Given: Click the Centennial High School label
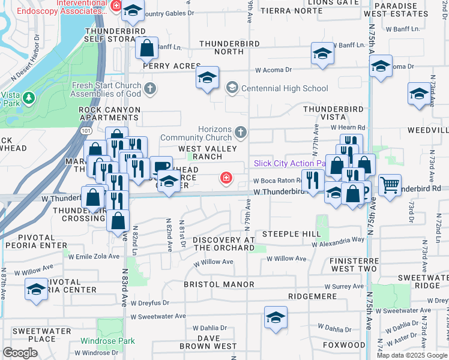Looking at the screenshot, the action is (x=285, y=88).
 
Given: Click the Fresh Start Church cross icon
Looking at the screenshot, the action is (x=150, y=89).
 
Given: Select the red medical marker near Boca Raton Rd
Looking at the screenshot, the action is (x=226, y=177).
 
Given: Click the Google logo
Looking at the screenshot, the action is (x=20, y=352).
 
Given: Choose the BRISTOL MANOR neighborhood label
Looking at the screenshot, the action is (x=219, y=284).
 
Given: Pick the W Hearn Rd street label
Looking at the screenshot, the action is (x=348, y=128).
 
